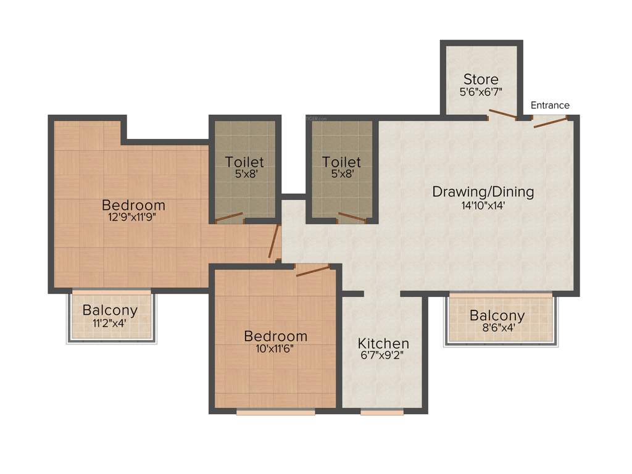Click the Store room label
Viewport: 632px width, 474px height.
click(x=481, y=80)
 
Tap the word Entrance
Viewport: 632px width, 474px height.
click(x=550, y=106)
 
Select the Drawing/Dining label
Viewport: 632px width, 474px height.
click(x=483, y=191)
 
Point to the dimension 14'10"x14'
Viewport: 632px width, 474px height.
click(x=483, y=206)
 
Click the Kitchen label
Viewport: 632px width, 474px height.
click(x=383, y=343)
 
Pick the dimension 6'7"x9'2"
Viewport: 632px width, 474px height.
click(x=383, y=356)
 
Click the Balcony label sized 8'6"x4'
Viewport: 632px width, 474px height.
click(x=497, y=315)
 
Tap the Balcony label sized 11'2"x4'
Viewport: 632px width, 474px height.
click(x=110, y=310)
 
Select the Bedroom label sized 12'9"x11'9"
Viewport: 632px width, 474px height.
click(x=133, y=205)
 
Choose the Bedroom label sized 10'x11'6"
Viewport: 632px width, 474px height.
click(x=275, y=336)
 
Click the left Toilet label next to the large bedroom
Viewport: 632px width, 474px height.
click(x=244, y=162)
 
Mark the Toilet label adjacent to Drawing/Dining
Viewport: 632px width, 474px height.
click(x=341, y=162)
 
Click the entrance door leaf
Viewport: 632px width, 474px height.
click(x=549, y=122)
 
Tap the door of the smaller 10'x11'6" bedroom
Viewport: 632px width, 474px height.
click(x=313, y=271)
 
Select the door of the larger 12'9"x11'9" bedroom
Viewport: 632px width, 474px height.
click(x=275, y=242)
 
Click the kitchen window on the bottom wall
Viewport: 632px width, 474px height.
click(x=381, y=412)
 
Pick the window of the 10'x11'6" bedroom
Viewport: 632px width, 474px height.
click(x=275, y=412)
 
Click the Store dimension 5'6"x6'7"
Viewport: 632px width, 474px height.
click(x=481, y=93)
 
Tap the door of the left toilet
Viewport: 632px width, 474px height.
click(x=228, y=217)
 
